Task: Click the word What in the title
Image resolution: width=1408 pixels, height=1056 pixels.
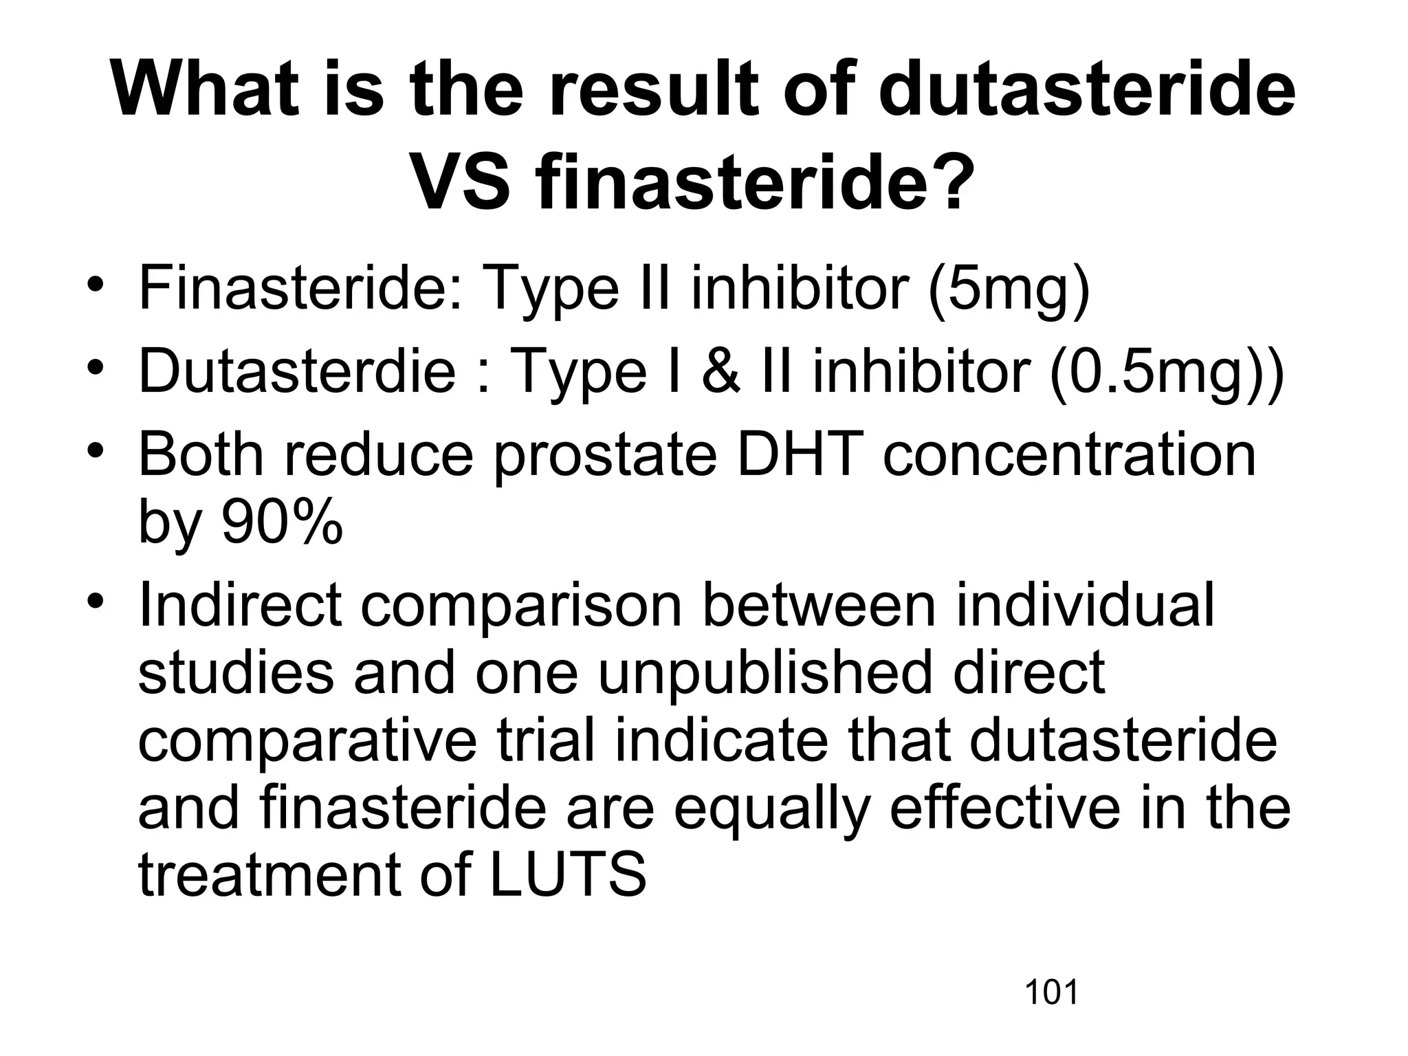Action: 205,91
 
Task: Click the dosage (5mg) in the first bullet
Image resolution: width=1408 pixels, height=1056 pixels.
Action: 1009,289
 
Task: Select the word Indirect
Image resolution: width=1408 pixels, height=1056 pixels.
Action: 239,605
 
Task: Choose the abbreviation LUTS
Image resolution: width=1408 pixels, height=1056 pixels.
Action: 568,874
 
